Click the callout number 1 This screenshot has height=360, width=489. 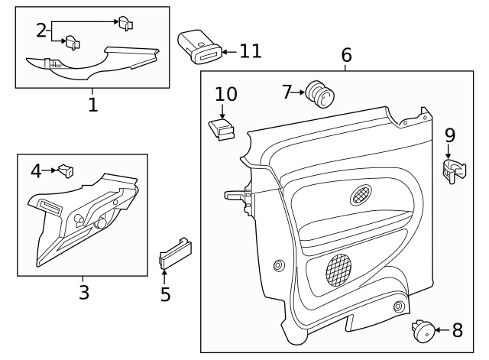(x=92, y=105)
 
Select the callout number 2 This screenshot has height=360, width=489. (x=41, y=31)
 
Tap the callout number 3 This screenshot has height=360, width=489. (x=83, y=292)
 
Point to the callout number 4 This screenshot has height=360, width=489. (x=36, y=171)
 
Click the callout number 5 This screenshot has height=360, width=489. (x=165, y=294)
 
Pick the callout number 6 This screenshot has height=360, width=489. (x=346, y=55)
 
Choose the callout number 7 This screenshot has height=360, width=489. (x=287, y=92)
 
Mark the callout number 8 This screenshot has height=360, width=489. (x=457, y=331)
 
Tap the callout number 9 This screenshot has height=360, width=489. (x=450, y=135)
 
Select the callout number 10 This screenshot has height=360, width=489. (x=225, y=94)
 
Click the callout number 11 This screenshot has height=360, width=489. (x=250, y=51)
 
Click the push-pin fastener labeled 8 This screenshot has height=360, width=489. (x=423, y=330)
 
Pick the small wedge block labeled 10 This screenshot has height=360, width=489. (x=221, y=128)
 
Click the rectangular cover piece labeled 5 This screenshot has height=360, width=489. (x=175, y=252)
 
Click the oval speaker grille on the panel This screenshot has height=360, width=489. (x=361, y=195)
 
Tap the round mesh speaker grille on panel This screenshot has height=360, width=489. (x=339, y=269)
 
